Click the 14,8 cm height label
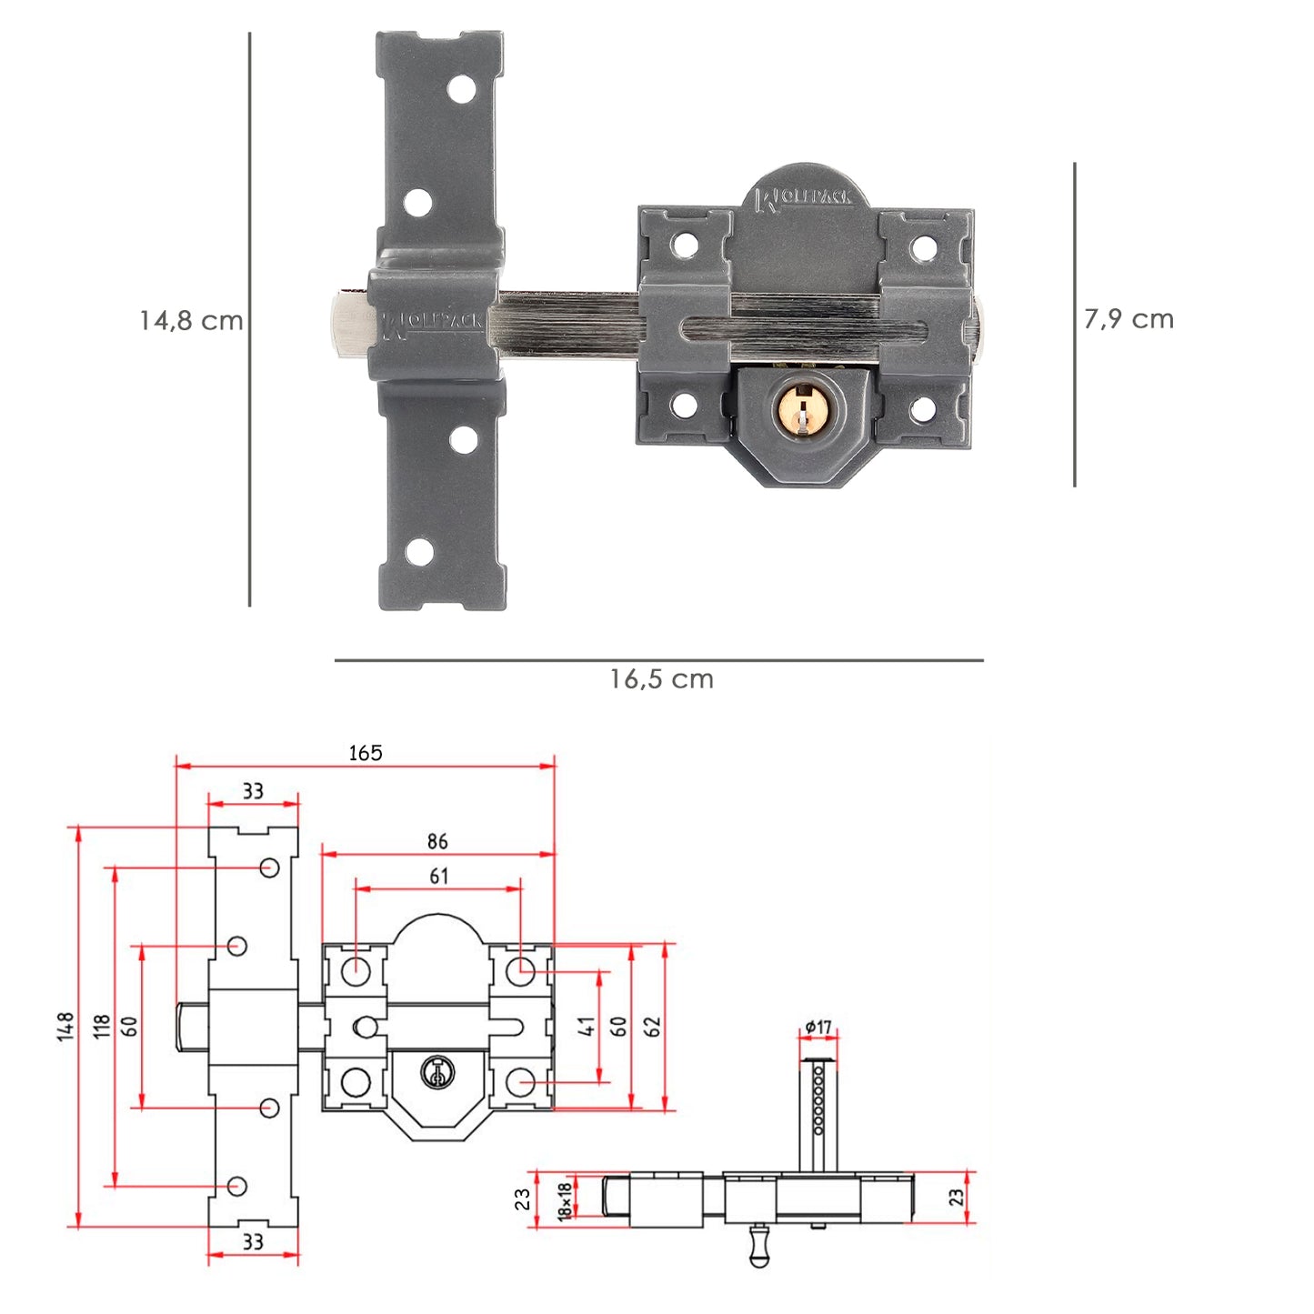(191, 321)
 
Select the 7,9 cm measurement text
(1128, 319)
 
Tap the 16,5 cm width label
(661, 679)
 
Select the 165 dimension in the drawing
(366, 753)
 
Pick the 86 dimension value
(437, 842)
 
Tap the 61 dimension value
(438, 877)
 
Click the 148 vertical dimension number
(65, 1027)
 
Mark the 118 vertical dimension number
(102, 1027)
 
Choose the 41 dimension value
(587, 1027)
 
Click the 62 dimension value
(652, 1027)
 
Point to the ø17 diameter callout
(818, 1028)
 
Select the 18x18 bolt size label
(565, 1200)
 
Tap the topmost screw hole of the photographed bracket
(463, 89)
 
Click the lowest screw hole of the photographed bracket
(419, 551)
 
